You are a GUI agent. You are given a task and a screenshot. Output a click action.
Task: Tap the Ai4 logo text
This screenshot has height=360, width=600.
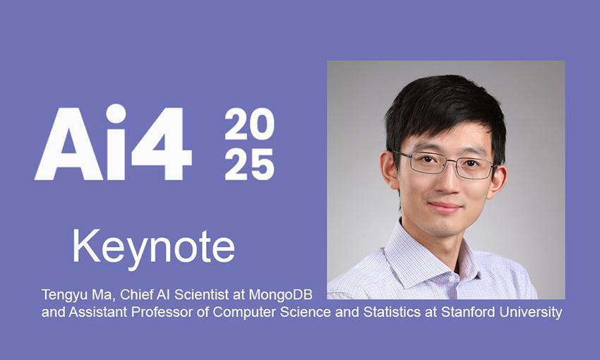coord(113,142)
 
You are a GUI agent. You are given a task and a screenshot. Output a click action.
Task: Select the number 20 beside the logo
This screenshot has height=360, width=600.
coord(249,124)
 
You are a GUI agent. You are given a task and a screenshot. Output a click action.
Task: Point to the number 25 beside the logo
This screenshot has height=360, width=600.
coord(249,164)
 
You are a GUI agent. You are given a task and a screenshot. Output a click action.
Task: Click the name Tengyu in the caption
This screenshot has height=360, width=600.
coord(61,295)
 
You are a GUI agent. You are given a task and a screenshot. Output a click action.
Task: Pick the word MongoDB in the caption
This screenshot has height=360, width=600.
coord(280,294)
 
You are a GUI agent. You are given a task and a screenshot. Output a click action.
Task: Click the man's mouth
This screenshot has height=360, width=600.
coord(445,207)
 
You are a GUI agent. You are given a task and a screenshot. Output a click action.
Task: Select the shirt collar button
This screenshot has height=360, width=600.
coord(452,279)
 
